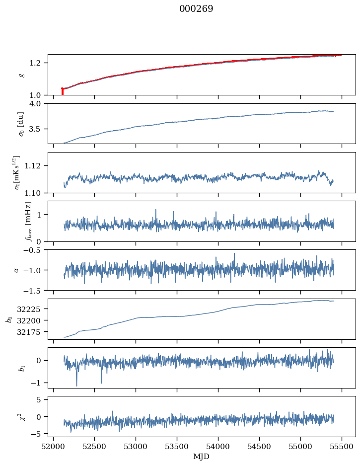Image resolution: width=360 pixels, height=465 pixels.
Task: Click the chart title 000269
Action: point(196,9)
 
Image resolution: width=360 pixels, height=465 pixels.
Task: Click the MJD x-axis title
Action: point(201,457)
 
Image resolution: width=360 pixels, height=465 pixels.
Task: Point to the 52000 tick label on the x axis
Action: point(54,447)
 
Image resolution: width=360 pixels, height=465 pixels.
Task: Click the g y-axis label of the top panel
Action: point(21,75)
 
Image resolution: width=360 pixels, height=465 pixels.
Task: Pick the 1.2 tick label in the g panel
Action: point(39,63)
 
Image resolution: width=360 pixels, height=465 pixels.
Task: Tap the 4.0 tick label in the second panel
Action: point(39,103)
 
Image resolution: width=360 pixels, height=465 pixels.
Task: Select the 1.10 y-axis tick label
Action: point(37,192)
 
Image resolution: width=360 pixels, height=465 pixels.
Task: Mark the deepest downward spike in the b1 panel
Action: point(76,385)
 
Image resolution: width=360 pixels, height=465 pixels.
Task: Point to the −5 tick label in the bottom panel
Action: point(39,434)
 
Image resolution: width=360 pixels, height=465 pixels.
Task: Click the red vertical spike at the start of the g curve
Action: point(62,91)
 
